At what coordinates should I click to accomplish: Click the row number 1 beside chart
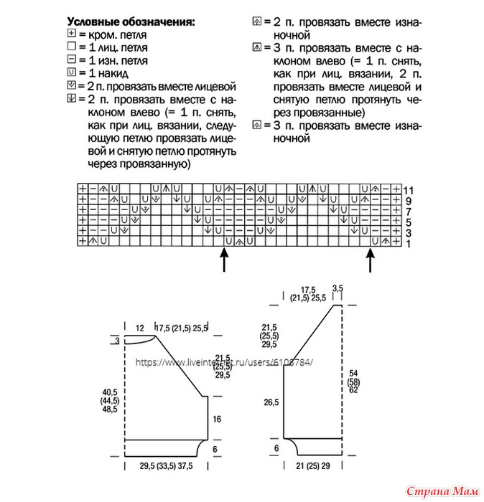click(406, 244)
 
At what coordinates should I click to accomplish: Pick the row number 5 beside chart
click(406, 222)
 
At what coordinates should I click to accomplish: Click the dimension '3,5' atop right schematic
click(339, 288)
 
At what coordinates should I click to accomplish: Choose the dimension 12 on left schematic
click(141, 328)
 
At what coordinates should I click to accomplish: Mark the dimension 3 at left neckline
click(117, 341)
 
